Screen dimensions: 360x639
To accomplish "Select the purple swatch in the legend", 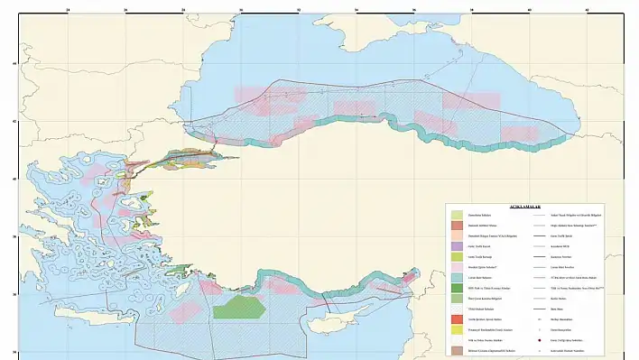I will click(x=458, y=245).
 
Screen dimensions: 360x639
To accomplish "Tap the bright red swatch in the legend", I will click(x=458, y=319).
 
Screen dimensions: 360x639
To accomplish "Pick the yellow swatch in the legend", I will click(x=458, y=331).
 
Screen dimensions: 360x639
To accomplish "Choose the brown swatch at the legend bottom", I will click(x=458, y=350).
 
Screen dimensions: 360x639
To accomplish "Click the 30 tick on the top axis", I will click(x=241, y=11).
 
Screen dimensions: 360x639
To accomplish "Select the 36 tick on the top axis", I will click(x=414, y=11).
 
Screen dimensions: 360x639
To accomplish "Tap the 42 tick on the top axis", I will click(x=588, y=11).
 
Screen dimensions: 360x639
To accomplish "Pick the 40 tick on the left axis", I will click(x=13, y=179).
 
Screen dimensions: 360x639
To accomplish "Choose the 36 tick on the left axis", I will click(x=13, y=294).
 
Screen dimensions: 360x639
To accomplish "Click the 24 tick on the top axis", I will click(x=69, y=11).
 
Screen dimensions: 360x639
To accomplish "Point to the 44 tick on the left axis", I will click(x=13, y=63).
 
